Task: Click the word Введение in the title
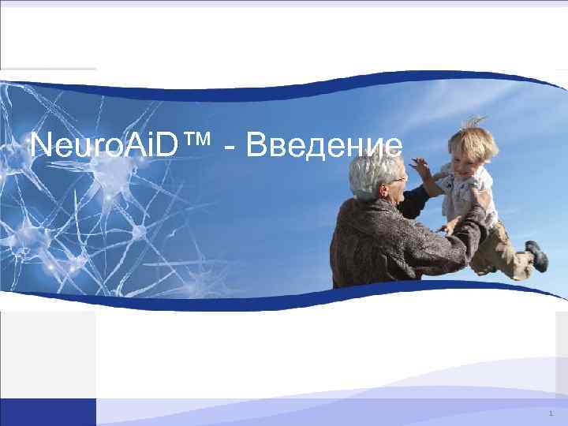pos(324,145)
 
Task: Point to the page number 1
pos(551,413)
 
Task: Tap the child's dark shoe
pos(538,256)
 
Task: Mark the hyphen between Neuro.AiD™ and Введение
pos(229,148)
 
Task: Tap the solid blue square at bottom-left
pos(47,412)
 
